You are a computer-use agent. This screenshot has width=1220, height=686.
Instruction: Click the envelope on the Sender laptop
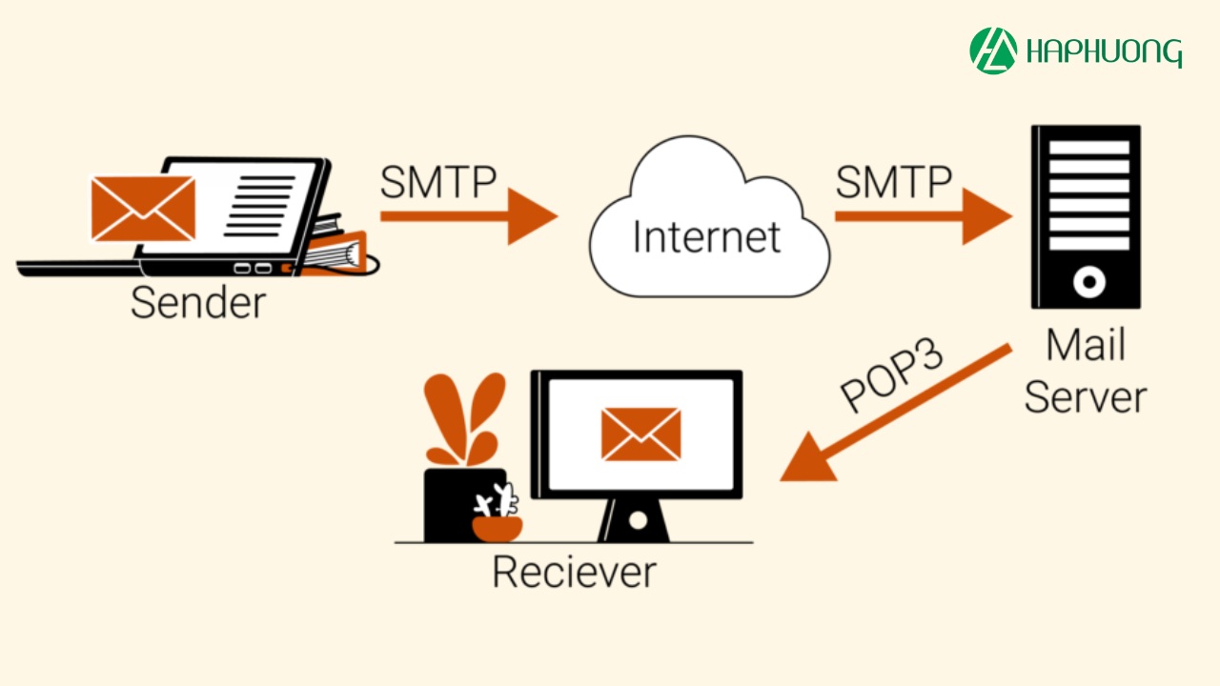(143, 208)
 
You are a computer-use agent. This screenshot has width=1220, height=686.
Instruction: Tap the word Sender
(198, 303)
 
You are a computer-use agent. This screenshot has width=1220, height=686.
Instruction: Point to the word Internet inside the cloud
(706, 236)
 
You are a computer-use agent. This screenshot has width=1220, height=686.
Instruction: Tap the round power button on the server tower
(1088, 282)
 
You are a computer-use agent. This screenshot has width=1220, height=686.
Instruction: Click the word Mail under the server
(1086, 345)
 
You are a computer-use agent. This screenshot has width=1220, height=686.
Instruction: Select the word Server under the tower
(1086, 396)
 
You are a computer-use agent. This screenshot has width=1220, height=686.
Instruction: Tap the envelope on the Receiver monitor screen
(640, 434)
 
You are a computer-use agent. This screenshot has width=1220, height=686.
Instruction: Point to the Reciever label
(574, 572)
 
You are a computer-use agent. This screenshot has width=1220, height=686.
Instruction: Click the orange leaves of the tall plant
(463, 419)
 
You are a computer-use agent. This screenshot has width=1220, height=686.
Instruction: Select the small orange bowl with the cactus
(498, 528)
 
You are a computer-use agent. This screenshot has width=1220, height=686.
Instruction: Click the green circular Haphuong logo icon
(993, 50)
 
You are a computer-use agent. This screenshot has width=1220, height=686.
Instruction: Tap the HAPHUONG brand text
(1105, 51)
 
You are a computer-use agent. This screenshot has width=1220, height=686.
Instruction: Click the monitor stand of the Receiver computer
(637, 520)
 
